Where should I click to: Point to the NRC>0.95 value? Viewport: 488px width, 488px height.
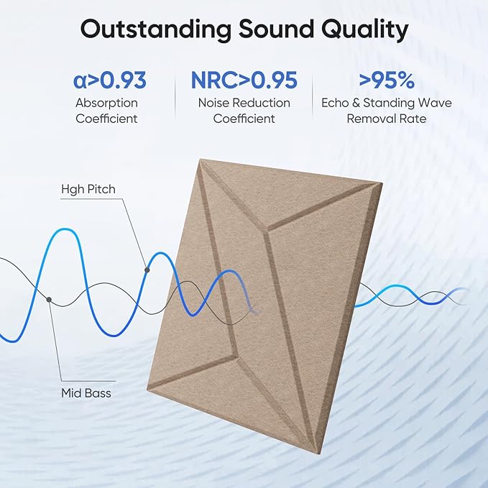pyautogui.click(x=244, y=80)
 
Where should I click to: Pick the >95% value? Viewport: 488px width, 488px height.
pyautogui.click(x=387, y=80)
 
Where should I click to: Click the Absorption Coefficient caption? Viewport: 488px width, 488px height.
pyautogui.click(x=106, y=111)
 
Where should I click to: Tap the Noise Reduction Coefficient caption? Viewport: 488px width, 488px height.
pyautogui.click(x=244, y=111)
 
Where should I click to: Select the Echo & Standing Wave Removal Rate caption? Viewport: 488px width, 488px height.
pyautogui.click(x=387, y=111)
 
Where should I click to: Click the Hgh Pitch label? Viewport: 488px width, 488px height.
pyautogui.click(x=88, y=190)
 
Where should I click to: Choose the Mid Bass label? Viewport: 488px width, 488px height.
pyautogui.click(x=86, y=393)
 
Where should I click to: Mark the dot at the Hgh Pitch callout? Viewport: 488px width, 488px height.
pyautogui.click(x=147, y=270)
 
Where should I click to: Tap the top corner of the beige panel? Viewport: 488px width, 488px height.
pyautogui.click(x=195, y=158)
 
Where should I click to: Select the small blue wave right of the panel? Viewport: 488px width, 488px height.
pyautogui.click(x=410, y=295)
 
